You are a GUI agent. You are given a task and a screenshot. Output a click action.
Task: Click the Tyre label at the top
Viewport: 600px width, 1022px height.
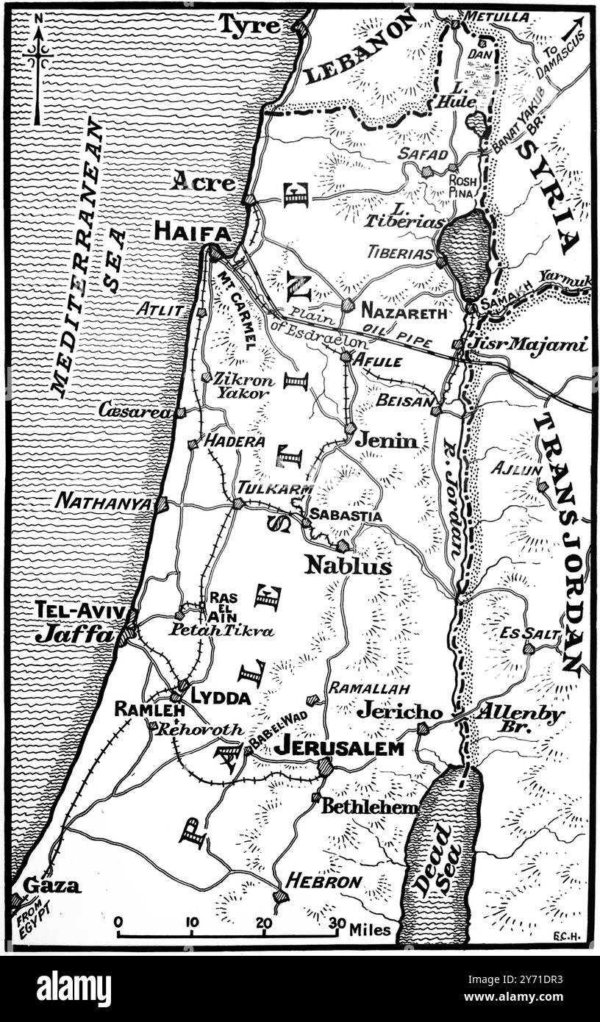(x=249, y=26)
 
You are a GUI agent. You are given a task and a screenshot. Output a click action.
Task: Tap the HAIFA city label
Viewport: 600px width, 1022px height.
(x=191, y=232)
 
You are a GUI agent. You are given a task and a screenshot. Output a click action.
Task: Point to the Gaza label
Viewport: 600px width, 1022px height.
(x=51, y=885)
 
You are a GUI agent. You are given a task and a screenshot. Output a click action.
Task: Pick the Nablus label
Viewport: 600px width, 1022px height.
(x=348, y=565)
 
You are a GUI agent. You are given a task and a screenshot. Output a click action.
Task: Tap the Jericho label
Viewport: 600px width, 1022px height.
(x=400, y=712)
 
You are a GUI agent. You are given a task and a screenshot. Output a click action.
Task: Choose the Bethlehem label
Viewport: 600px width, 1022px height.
(x=369, y=805)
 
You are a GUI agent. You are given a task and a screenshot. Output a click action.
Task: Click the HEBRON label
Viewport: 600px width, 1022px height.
(x=324, y=880)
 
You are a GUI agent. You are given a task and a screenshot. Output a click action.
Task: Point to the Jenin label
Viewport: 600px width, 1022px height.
(x=386, y=440)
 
